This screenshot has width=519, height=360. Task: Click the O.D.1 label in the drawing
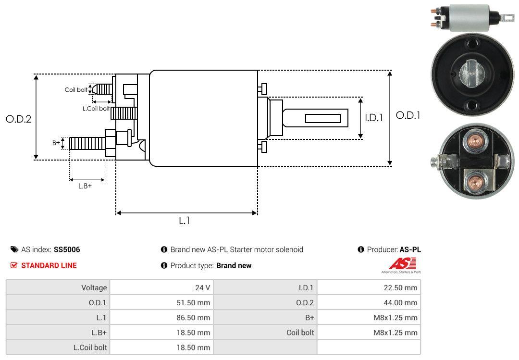coord(408,115)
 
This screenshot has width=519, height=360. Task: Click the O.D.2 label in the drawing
coord(18,119)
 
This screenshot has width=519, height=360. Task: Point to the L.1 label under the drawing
coord(185,221)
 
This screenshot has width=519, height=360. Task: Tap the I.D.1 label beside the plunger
coord(373,117)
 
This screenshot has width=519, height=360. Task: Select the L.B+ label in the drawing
coord(85,186)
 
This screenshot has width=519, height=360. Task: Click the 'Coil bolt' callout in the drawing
coord(76,90)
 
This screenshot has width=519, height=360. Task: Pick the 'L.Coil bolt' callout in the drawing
coord(96,109)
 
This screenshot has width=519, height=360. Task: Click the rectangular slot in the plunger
coord(323,118)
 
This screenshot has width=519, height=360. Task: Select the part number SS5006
coord(67,249)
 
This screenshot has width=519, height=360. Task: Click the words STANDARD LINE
coord(49,265)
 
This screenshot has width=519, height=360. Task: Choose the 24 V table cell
coord(161,287)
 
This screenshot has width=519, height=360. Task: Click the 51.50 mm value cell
coord(161,302)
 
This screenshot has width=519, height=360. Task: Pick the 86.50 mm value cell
coord(161,317)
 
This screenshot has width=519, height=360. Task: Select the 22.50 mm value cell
coord(369,287)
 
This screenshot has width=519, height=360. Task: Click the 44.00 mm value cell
coord(369,302)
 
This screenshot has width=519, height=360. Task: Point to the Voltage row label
coord(58,287)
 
